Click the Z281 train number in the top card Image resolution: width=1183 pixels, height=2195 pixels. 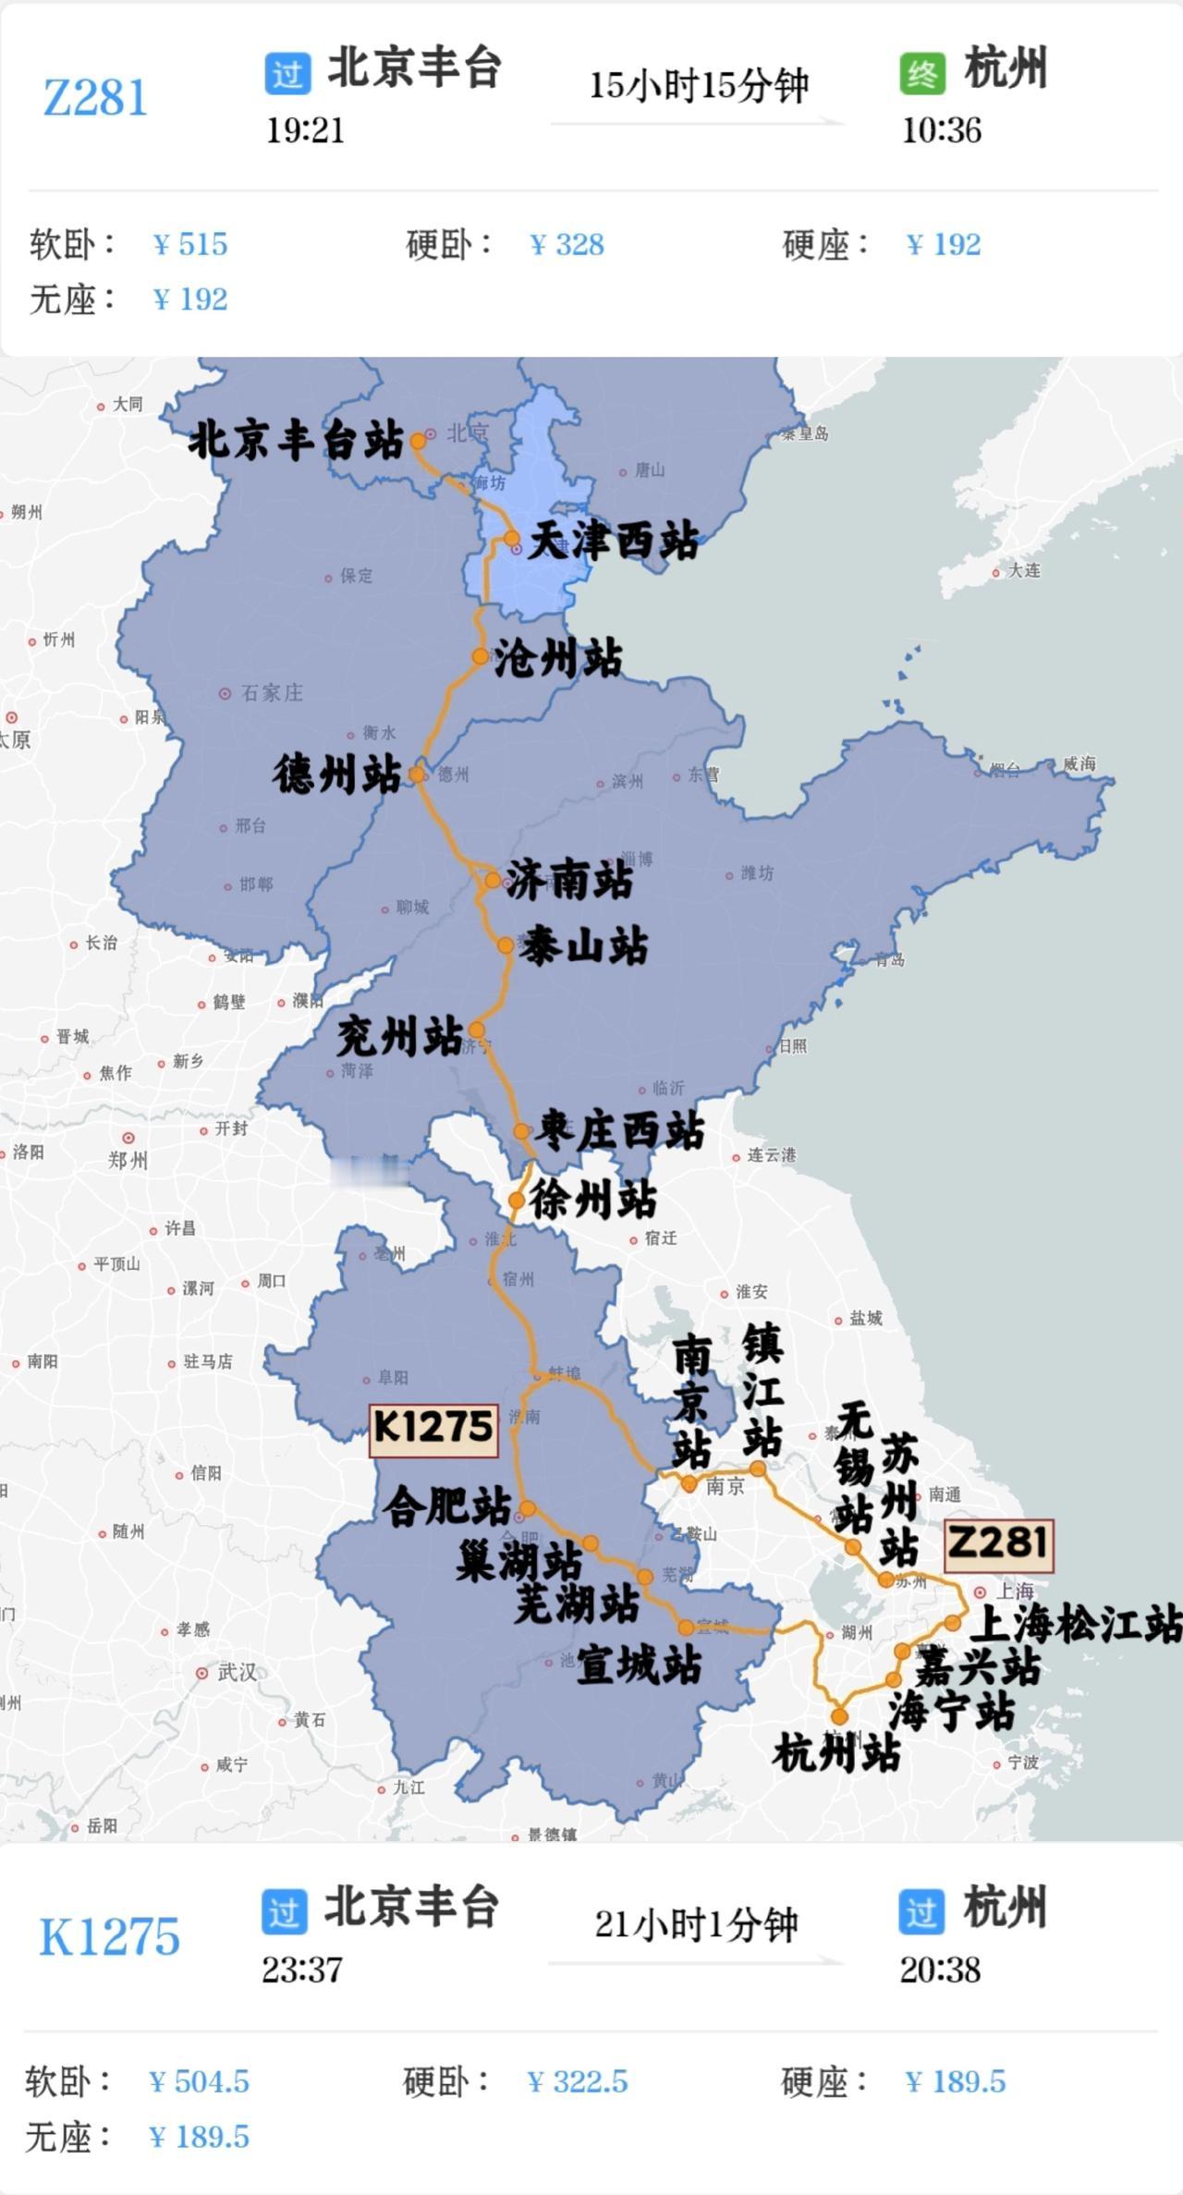[x=95, y=98]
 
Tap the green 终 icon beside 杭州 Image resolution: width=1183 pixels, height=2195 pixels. [x=921, y=74]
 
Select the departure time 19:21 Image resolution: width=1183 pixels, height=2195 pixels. [x=305, y=130]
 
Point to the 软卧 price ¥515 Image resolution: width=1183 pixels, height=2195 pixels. [x=190, y=244]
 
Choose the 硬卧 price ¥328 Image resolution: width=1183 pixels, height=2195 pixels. [x=567, y=244]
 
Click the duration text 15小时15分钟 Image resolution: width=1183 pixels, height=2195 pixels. [x=699, y=86]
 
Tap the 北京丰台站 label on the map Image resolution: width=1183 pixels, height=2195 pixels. [x=296, y=440]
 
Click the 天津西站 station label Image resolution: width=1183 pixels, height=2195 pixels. [x=614, y=541]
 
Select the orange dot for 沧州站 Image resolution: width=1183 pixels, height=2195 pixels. [x=481, y=656]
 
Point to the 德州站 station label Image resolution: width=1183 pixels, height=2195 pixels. [x=336, y=774]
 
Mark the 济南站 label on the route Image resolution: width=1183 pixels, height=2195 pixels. [x=569, y=879]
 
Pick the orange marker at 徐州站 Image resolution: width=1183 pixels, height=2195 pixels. [x=517, y=1201]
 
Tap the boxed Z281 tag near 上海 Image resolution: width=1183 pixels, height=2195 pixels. [x=998, y=1543]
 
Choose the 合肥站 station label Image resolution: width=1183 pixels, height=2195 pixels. [x=447, y=1506]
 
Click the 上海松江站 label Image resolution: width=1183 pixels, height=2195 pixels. [x=1076, y=1624]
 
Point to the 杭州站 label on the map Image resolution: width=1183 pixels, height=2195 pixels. [x=836, y=1753]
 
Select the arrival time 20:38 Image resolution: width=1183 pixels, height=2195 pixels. [x=940, y=1969]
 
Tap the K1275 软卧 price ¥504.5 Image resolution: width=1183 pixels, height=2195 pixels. [x=199, y=2081]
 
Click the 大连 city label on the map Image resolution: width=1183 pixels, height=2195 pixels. [x=1024, y=570]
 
